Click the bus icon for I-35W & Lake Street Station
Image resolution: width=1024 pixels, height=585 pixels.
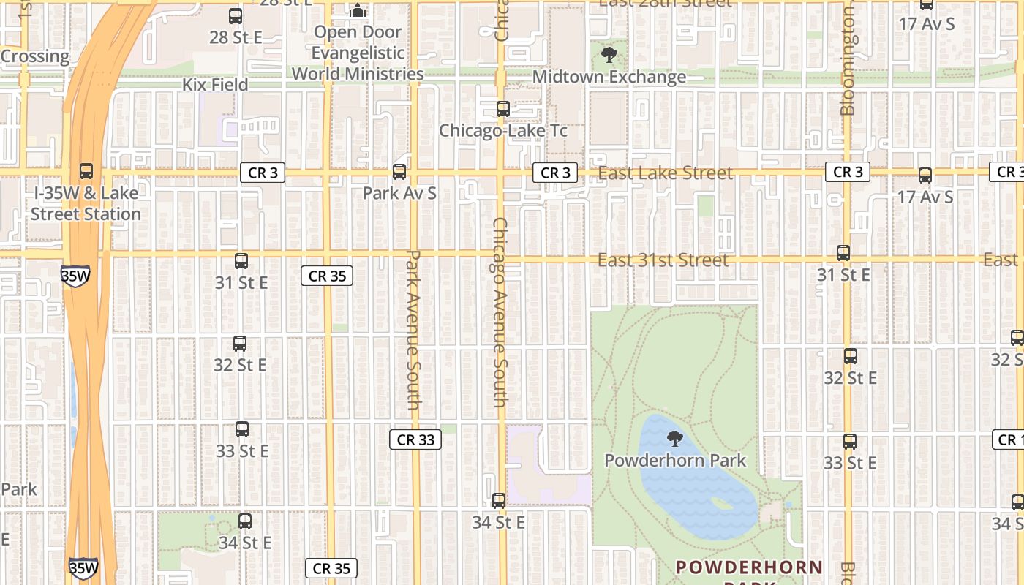tap(86, 171)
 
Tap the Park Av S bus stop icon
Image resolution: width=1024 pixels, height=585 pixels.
tap(399, 172)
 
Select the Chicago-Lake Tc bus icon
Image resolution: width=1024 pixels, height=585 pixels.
tap(503, 109)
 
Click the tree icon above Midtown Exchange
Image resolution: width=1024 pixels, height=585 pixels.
tap(609, 54)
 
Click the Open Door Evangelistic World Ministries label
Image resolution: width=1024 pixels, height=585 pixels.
tap(358, 53)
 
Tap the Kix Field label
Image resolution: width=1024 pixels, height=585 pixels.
tap(215, 85)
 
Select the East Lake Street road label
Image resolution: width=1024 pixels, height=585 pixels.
tap(665, 173)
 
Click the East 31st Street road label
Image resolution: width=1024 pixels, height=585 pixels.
tap(663, 260)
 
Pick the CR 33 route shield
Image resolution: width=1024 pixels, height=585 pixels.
tap(415, 439)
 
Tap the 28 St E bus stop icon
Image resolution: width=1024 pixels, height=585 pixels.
tap(236, 15)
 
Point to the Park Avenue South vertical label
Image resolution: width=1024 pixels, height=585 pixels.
tap(414, 330)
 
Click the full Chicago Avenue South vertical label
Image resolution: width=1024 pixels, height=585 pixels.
tap(500, 312)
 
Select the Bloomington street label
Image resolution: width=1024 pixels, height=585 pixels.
tap(848, 62)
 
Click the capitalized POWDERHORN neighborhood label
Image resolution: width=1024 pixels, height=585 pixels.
tap(750, 567)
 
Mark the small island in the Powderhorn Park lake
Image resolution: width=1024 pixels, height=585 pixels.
tap(721, 504)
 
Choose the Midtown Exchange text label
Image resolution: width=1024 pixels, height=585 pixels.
tap(609, 77)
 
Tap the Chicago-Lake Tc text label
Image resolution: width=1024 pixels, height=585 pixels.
tap(503, 130)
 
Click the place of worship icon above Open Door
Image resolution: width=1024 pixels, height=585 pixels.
tap(358, 10)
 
